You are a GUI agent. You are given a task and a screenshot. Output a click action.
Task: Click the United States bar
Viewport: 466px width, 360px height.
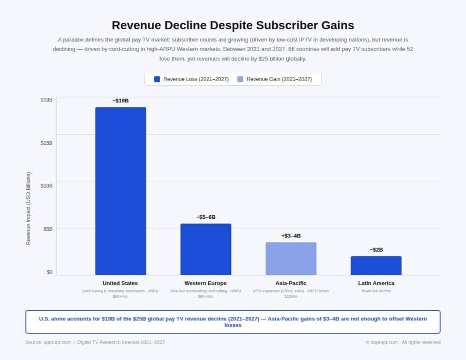[x=121, y=191]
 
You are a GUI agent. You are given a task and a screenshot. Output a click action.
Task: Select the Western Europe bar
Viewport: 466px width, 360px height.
[x=206, y=249]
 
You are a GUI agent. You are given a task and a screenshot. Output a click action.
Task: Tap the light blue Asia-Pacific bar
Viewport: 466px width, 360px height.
[x=291, y=259]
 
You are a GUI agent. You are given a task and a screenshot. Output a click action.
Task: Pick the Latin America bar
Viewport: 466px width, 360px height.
[x=376, y=265]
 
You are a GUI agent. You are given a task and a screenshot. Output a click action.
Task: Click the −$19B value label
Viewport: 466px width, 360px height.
[x=121, y=101]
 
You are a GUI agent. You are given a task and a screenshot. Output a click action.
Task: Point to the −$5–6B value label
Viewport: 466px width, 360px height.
[x=206, y=217]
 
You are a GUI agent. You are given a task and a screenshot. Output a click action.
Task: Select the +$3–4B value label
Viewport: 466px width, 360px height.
[x=291, y=236]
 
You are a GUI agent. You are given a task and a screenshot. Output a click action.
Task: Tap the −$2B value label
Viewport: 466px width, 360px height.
[x=376, y=250]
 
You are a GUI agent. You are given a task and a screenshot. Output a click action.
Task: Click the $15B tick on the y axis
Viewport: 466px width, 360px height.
[x=46, y=143]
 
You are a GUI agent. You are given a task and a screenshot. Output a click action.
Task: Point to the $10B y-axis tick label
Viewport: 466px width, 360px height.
[x=46, y=186]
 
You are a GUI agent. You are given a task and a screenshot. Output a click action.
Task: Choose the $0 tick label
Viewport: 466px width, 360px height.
[x=49, y=272]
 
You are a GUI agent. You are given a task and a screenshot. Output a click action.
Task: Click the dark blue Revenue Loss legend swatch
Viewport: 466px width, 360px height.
[x=157, y=79]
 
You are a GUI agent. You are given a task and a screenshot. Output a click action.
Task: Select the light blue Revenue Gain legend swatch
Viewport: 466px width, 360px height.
[x=240, y=79]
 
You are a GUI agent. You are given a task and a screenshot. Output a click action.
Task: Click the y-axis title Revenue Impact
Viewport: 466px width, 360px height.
[x=29, y=208]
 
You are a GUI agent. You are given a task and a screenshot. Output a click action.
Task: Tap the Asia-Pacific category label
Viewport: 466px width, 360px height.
[x=291, y=283]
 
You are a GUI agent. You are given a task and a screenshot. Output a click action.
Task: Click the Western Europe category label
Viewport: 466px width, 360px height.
[x=206, y=283]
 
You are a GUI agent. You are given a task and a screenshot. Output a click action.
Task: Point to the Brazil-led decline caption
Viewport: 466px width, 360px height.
[x=376, y=291]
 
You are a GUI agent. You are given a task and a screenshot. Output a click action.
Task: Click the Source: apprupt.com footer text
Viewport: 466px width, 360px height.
[x=48, y=342]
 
